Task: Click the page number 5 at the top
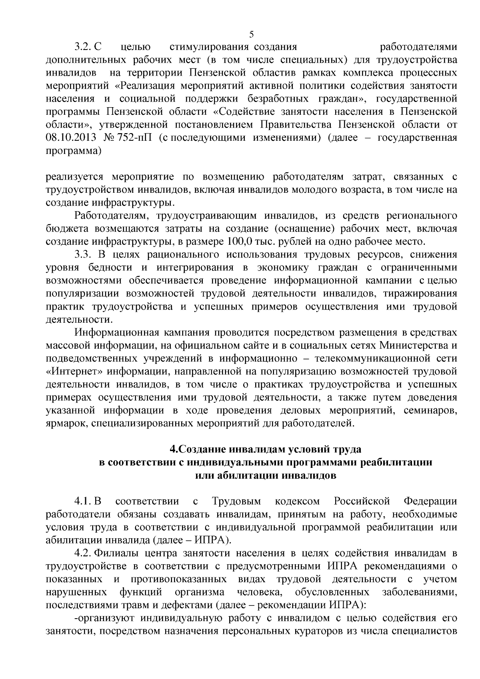251,34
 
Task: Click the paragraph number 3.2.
84,47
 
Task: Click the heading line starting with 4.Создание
265,449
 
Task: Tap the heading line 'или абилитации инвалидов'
265,475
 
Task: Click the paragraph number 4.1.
84,501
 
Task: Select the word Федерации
430,501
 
